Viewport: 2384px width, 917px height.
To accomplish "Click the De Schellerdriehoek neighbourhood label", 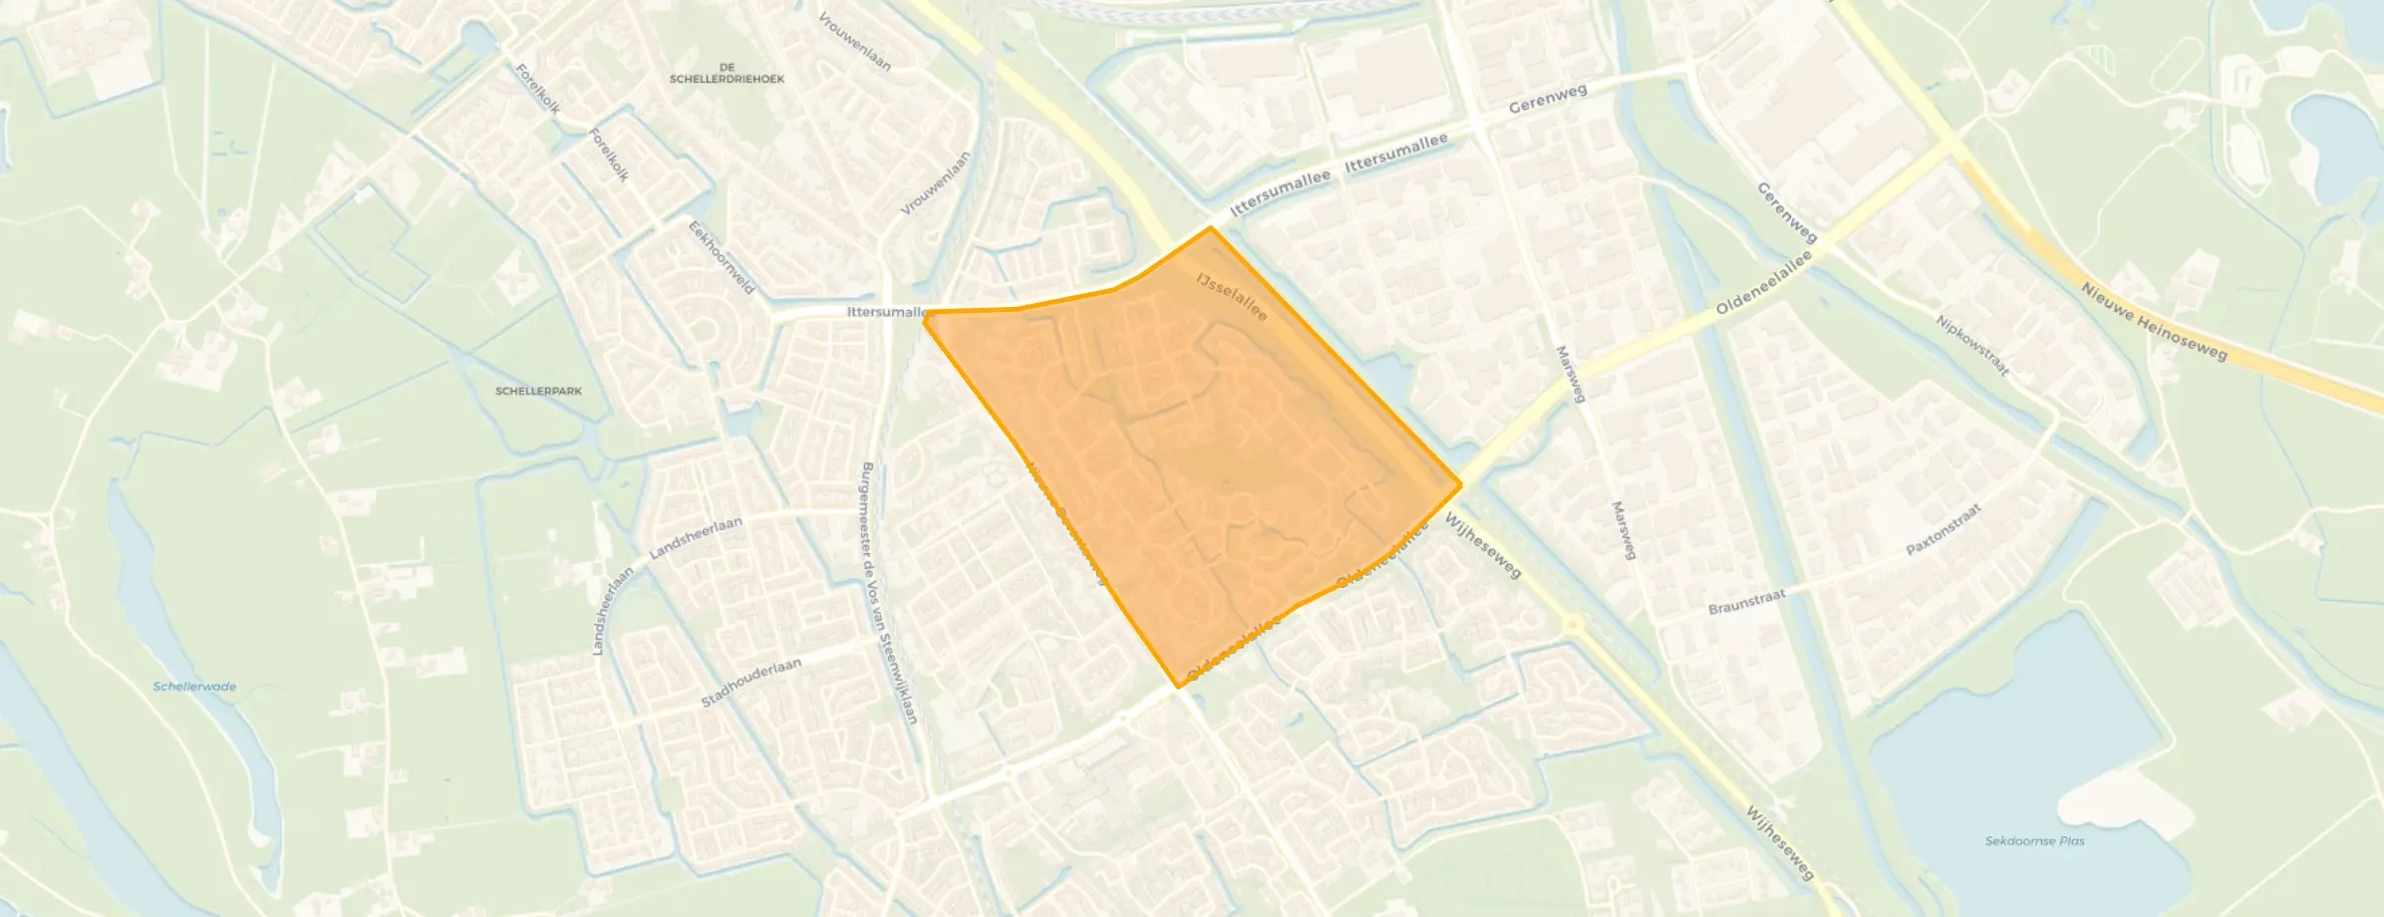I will click(727, 73).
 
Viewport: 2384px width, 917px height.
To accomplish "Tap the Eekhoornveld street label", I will click(723, 257).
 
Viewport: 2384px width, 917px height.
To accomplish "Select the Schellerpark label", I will click(538, 391).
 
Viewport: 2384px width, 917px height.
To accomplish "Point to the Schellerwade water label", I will click(195, 687).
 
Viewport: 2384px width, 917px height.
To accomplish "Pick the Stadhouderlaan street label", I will click(750, 683).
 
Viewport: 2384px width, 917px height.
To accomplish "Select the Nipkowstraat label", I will click(1971, 346).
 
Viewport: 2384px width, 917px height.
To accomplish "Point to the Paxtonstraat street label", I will click(1943, 529).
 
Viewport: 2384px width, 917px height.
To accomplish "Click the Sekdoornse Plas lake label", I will click(2034, 840).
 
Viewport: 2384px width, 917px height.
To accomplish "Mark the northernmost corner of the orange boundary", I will click(1211, 227).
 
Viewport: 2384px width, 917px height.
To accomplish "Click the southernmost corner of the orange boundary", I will click(1179, 687).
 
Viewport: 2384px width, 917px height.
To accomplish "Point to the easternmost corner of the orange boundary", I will click(1461, 485).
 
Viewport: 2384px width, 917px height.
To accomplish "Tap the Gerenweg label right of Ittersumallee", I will click(1547, 98).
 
